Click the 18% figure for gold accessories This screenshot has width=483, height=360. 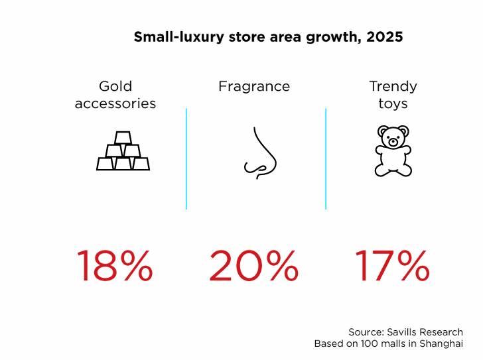coord(114,266)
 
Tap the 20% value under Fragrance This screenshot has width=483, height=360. coord(254,266)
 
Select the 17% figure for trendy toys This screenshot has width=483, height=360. coord(392,266)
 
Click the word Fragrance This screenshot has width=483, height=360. coord(254,86)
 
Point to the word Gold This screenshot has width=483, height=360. coord(115,86)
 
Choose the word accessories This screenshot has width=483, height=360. coord(115,103)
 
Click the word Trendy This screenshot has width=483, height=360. coord(393,87)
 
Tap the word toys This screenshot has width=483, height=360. coord(393,104)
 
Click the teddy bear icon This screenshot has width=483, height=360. coord(393,150)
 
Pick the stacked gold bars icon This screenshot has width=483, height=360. coord(123,150)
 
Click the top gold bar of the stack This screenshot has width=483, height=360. coord(123,138)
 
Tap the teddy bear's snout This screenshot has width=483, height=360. coord(393,142)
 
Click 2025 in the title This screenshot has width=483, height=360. coord(384,37)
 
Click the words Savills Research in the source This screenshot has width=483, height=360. coord(425,332)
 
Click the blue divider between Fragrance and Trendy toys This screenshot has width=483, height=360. coord(326,158)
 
